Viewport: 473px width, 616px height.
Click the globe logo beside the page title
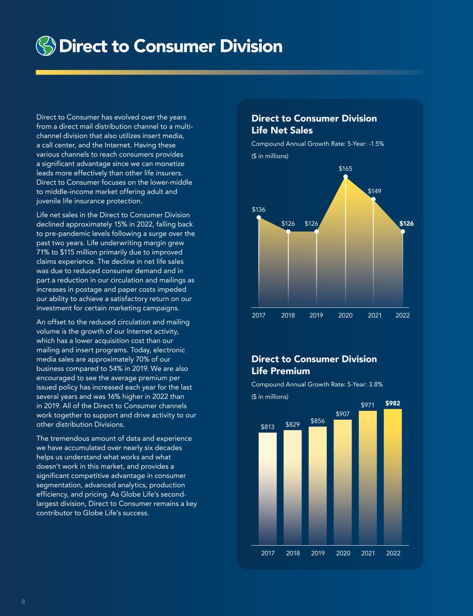pos(46,46)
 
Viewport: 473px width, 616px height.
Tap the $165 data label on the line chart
pos(345,169)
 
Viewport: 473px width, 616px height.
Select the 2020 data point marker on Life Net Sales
pos(346,177)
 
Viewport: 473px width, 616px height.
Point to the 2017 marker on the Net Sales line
pos(259,217)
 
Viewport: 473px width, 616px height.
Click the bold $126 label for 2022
pos(406,223)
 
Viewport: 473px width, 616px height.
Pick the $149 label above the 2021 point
pos(374,191)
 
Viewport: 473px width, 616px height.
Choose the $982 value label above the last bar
pos(393,403)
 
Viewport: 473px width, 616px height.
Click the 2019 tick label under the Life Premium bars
pos(318,553)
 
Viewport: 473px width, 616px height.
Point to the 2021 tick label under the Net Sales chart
pos(375,315)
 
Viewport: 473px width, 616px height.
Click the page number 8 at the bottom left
pos(23,602)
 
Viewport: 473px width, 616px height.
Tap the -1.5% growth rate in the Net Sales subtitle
pos(376,144)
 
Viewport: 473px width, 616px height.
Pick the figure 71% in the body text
pos(42,252)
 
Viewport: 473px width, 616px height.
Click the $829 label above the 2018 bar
pos(292,425)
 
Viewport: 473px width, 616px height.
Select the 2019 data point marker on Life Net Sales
pos(316,232)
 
